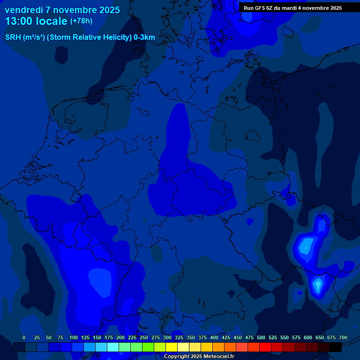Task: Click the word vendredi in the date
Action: (x=23, y=10)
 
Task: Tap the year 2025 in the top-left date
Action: (x=106, y=10)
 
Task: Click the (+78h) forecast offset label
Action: (x=82, y=21)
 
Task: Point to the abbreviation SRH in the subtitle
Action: (x=13, y=37)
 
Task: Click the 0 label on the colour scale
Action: (x=24, y=337)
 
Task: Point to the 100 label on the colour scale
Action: (x=74, y=337)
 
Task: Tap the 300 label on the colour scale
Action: (x=167, y=337)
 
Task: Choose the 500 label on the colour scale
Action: (x=261, y=337)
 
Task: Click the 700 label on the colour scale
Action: (x=343, y=337)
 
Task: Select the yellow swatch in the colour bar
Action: (x=172, y=347)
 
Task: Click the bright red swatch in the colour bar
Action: (x=265, y=347)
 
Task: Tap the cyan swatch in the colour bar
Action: (x=113, y=347)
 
